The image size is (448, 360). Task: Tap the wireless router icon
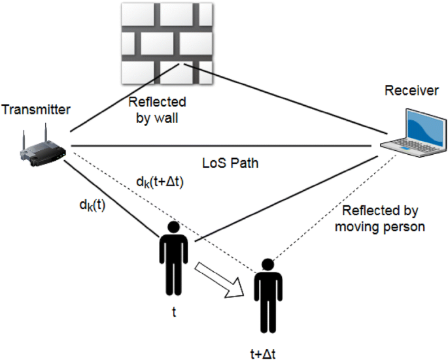(41, 148)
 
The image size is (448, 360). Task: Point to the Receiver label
(411, 91)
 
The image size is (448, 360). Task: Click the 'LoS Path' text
(231, 163)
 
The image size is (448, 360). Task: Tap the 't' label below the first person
(174, 312)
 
